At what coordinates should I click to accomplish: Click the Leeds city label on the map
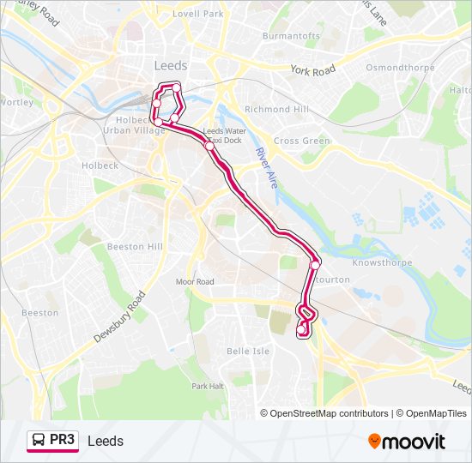tap(171, 65)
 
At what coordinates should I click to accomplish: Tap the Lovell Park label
tap(197, 15)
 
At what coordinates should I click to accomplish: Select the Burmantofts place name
tap(291, 36)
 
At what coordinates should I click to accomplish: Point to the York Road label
tap(312, 70)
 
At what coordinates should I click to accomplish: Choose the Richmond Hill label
tap(276, 110)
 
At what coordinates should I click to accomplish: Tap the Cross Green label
tap(302, 141)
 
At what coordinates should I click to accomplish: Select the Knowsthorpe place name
tap(382, 262)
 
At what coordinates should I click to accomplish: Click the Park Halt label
tap(208, 386)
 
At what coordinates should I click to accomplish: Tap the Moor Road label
tap(195, 281)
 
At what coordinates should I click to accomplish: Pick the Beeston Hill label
tap(135, 246)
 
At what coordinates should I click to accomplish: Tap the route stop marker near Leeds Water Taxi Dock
tap(210, 146)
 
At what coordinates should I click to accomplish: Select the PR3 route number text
tap(63, 441)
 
